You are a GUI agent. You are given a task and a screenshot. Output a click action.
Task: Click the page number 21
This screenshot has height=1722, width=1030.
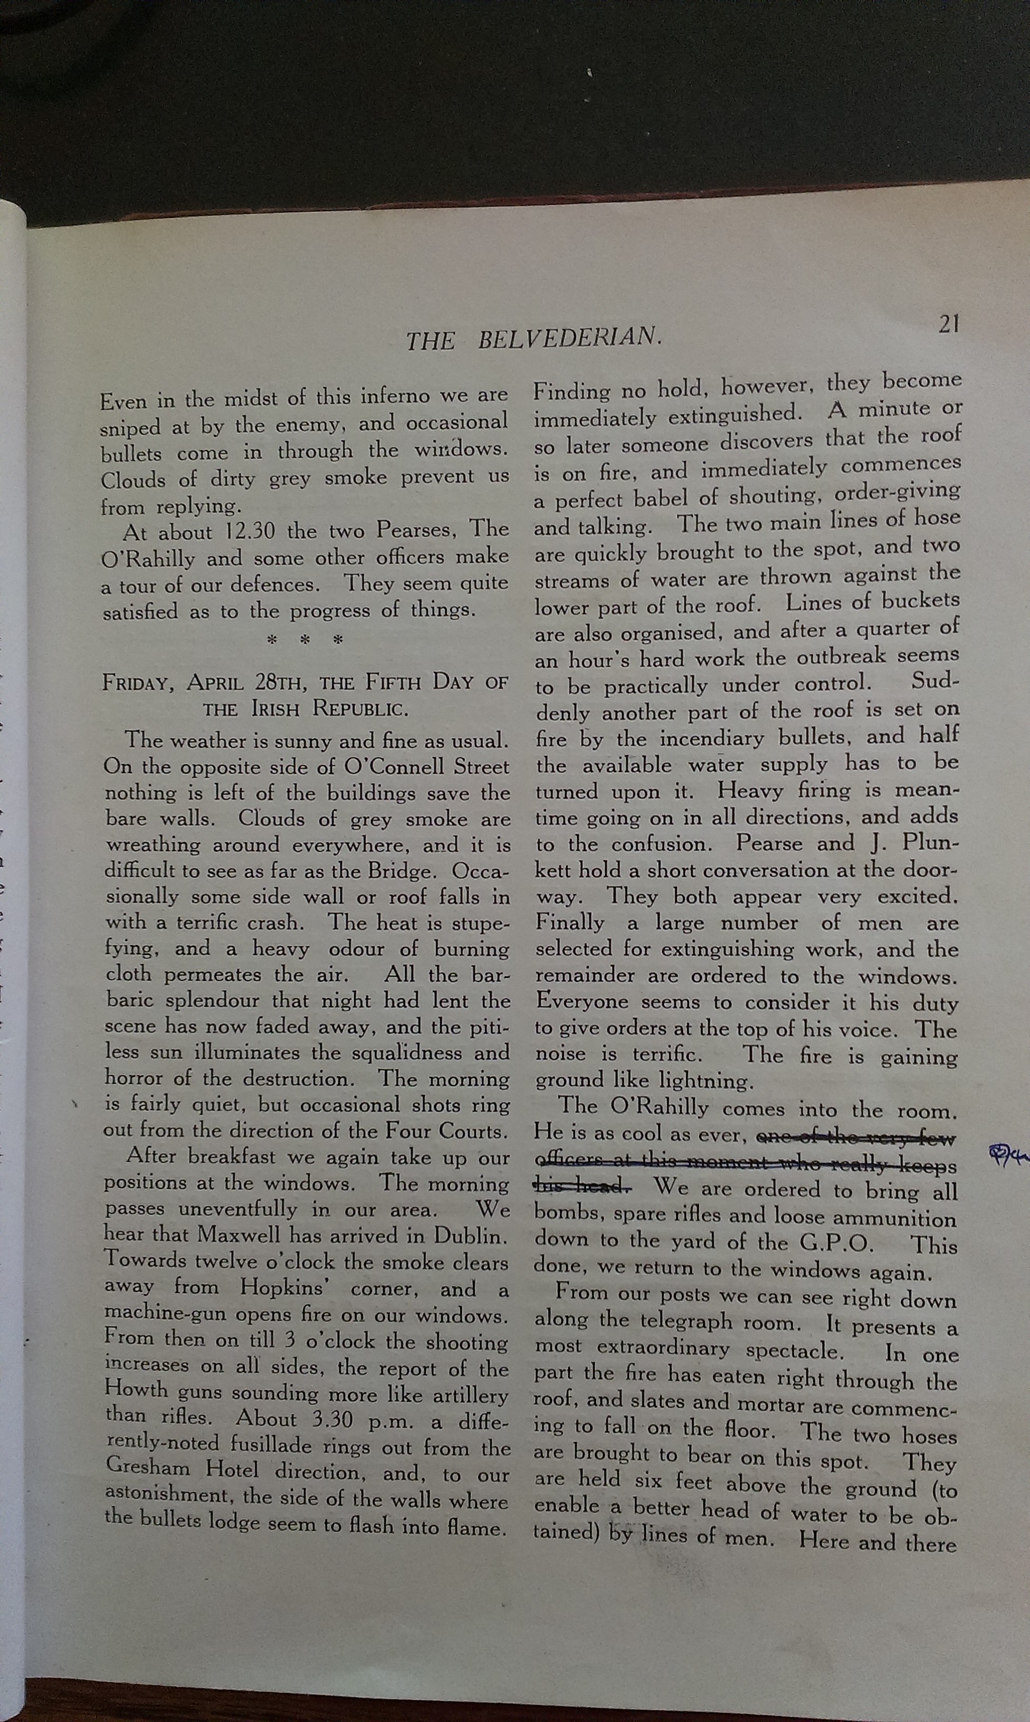coord(949,324)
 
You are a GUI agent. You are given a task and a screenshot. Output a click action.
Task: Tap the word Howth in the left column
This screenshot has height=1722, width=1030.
coord(136,1390)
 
